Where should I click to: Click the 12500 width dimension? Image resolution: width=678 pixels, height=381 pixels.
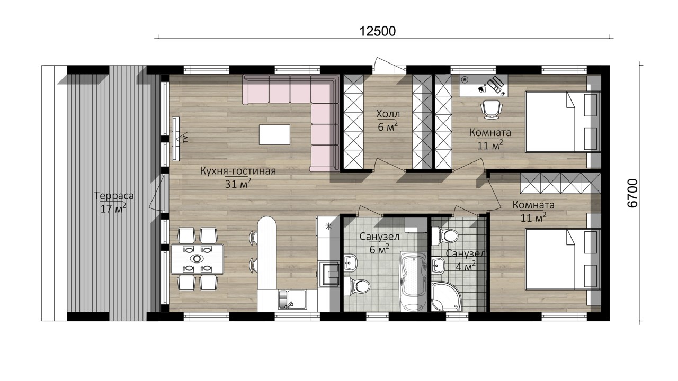[x=378, y=31]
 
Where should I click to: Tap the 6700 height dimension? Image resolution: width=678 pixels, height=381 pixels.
[x=633, y=193]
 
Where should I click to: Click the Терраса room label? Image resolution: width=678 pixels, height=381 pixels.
[x=113, y=196]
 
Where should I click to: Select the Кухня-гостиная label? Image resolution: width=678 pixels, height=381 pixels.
[x=238, y=171]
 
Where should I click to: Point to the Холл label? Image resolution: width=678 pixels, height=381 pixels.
[x=388, y=114]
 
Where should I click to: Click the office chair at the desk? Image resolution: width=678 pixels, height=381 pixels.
[x=492, y=110]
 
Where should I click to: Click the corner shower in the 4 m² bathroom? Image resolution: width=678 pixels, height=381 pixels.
[x=445, y=297]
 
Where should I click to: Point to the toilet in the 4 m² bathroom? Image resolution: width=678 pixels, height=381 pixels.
[x=444, y=236]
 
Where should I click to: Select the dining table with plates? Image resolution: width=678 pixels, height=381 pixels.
[x=197, y=259]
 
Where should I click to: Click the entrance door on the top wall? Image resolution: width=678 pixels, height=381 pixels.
[x=389, y=65]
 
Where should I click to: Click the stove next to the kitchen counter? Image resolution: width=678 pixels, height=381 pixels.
[x=329, y=274]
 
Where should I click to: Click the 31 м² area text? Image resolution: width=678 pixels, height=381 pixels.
[x=238, y=184]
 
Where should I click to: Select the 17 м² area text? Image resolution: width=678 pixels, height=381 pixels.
[x=113, y=208]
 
